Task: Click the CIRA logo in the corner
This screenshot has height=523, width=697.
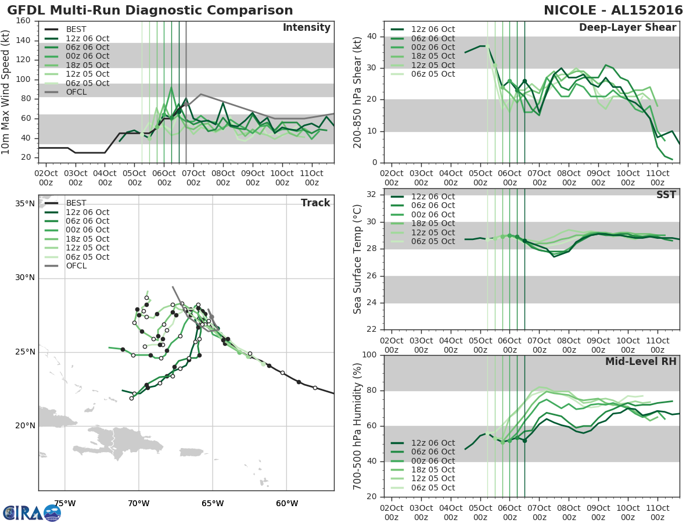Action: point(32,513)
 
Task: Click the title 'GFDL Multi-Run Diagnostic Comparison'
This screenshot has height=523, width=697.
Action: point(150,10)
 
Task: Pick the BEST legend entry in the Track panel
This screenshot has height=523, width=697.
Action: point(77,203)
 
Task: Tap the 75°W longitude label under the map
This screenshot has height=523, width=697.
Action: point(64,503)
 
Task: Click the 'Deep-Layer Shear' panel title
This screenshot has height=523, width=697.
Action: point(627,28)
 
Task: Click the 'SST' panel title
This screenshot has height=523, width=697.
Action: point(666,195)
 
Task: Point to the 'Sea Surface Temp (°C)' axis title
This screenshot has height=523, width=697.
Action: point(358,259)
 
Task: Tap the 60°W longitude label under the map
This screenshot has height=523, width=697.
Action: point(286,503)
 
